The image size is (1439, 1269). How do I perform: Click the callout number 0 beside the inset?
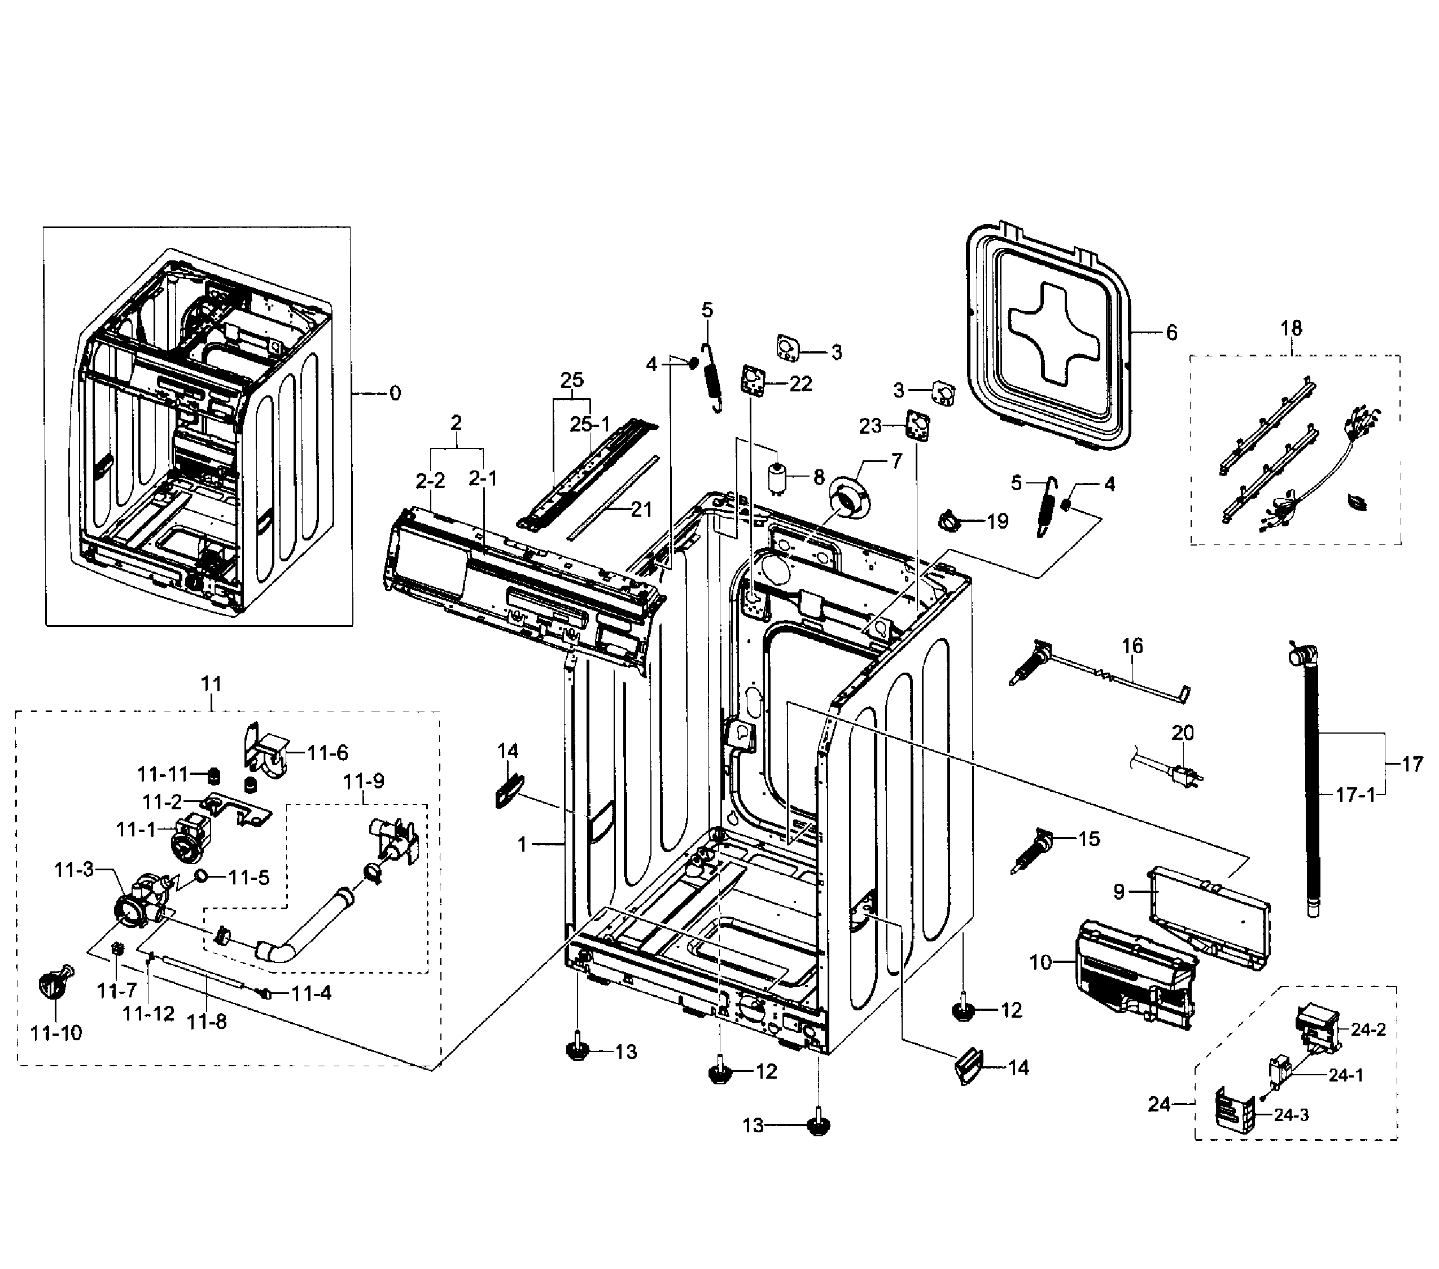(x=395, y=393)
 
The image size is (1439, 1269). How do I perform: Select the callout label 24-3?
(x=1291, y=1115)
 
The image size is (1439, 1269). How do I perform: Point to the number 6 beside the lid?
(x=1171, y=333)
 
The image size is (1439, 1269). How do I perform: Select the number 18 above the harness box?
(x=1291, y=328)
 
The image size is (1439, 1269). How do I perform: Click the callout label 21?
(x=641, y=509)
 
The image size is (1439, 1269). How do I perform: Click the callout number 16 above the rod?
(x=1132, y=646)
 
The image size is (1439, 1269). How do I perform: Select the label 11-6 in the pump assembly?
(x=327, y=753)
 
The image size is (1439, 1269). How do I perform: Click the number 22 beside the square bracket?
(x=801, y=384)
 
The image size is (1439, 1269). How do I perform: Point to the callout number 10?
(x=1040, y=961)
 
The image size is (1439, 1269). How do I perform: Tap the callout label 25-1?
(x=590, y=425)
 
